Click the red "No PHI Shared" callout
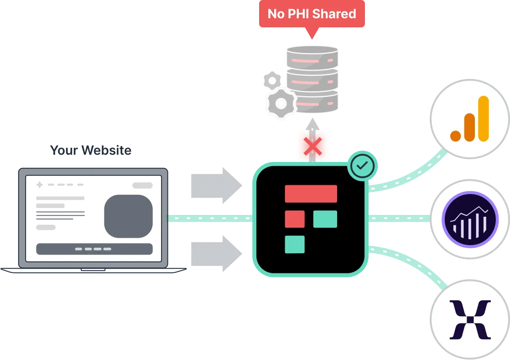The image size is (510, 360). (x=312, y=15)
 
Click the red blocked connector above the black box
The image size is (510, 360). (x=312, y=145)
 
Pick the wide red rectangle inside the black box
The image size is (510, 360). (x=311, y=193)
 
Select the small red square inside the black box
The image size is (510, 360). (x=295, y=219)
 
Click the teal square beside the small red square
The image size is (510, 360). (x=325, y=219)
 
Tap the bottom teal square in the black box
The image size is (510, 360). (x=295, y=244)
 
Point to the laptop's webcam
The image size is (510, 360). (x=93, y=171)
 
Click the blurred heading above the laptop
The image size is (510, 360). (x=90, y=150)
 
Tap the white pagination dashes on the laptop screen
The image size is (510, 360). (x=93, y=249)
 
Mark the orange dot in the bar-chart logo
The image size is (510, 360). (x=455, y=136)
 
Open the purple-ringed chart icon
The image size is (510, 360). (x=469, y=219)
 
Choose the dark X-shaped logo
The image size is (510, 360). (x=470, y=319)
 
